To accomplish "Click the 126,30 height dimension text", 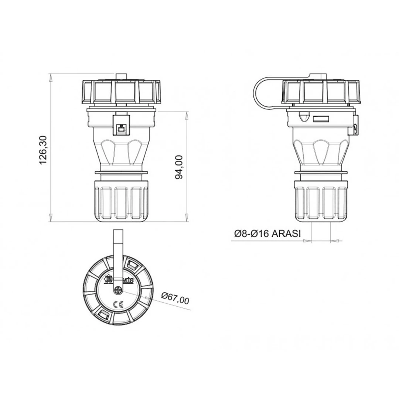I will [x=44, y=150].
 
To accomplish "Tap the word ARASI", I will [x=286, y=233].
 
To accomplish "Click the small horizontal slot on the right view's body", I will [x=321, y=119].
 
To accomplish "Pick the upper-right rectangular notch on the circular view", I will [x=132, y=265].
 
